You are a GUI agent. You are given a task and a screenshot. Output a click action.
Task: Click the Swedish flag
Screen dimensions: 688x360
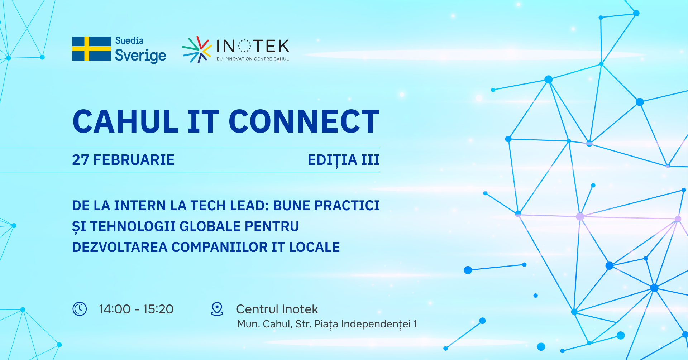[91, 48]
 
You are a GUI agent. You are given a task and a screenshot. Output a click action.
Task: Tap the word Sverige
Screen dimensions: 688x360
[140, 56]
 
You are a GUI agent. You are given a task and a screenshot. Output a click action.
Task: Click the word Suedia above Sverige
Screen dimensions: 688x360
[129, 40]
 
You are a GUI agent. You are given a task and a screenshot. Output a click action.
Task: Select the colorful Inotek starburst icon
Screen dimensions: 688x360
[196, 49]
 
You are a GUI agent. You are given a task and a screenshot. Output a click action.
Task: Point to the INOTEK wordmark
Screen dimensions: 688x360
[253, 46]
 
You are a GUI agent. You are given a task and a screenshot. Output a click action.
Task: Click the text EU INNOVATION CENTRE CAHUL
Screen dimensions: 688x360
[253, 59]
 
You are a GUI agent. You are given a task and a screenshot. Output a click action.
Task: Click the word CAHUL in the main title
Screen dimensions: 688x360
[125, 121]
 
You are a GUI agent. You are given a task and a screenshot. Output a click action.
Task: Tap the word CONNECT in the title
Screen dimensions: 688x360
[304, 121]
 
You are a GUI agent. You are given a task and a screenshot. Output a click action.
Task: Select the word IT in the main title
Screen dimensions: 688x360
[203, 121]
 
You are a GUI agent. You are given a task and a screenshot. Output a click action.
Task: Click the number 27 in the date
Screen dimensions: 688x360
[80, 160]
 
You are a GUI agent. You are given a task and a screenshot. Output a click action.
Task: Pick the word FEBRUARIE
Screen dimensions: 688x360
[134, 160]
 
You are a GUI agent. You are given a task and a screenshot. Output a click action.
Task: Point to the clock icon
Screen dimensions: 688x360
[80, 309]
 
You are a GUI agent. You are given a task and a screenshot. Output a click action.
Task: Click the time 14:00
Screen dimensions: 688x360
[115, 309]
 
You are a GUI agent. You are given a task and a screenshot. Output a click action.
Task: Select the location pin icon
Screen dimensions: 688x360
[217, 309]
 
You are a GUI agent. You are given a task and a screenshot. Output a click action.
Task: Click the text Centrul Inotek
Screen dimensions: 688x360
[277, 309]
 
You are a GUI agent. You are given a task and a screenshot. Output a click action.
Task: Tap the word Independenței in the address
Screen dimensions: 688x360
[376, 324]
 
